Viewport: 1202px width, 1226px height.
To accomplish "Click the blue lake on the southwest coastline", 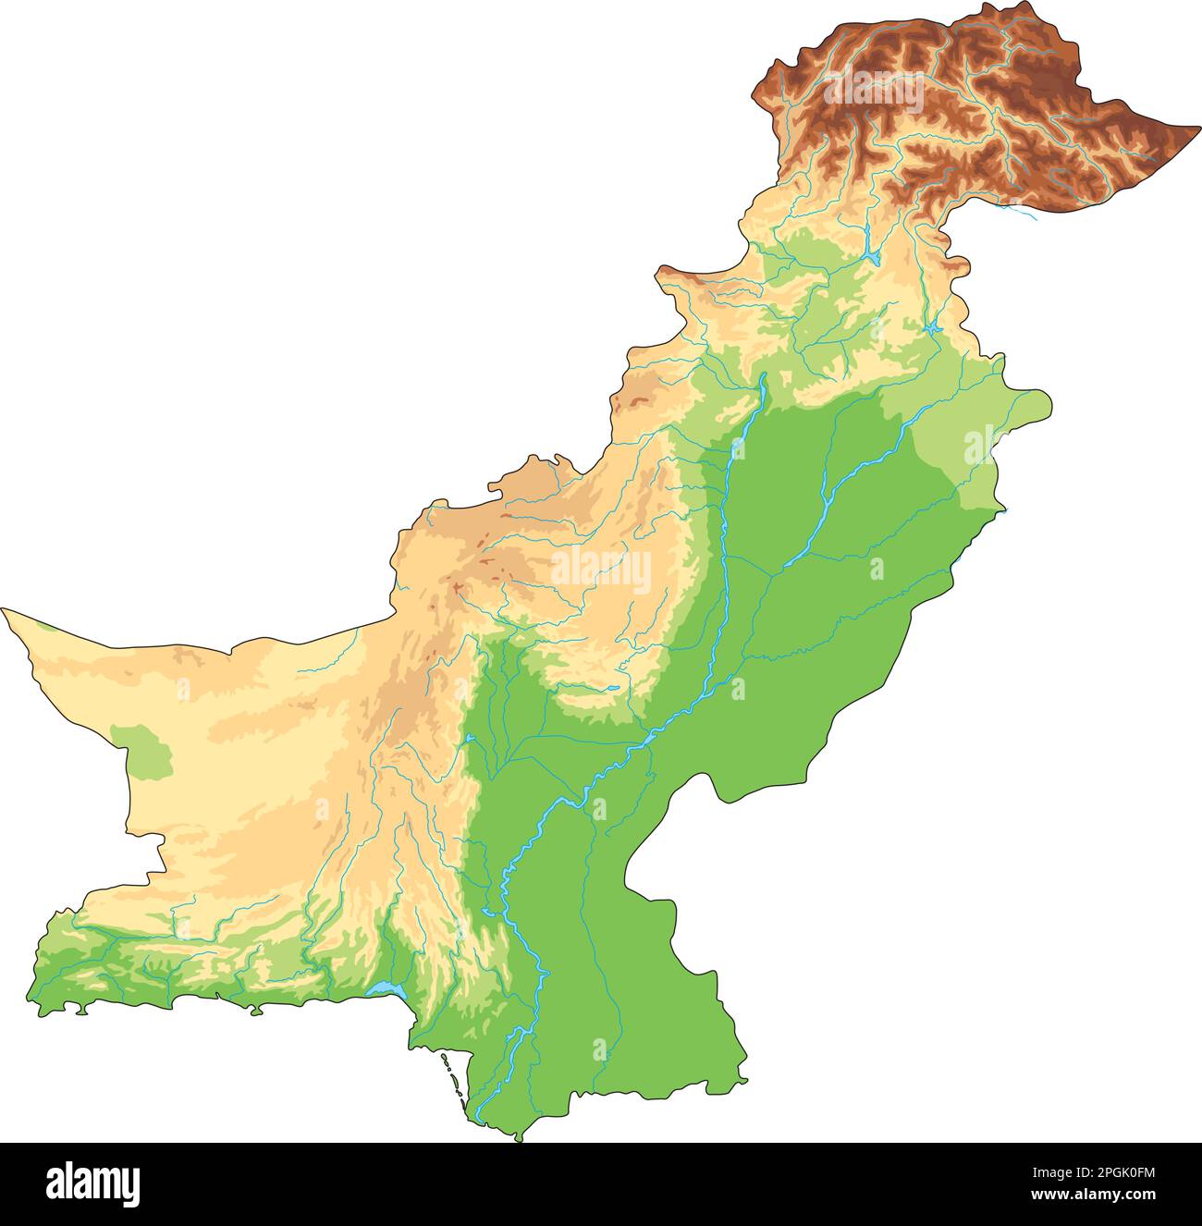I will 386,990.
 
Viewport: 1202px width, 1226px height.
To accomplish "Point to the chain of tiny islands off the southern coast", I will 453,1077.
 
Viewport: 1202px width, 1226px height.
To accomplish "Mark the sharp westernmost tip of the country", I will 3,609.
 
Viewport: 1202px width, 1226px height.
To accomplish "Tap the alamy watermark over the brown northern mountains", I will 873,93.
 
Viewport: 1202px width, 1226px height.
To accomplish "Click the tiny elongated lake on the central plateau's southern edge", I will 611,688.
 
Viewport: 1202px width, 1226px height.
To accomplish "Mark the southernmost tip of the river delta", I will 518,1140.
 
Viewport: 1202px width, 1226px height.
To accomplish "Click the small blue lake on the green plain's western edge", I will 470,739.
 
